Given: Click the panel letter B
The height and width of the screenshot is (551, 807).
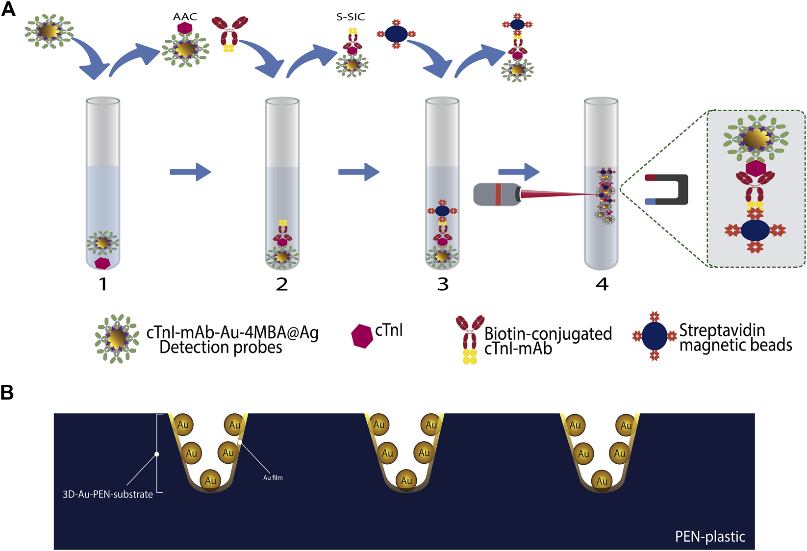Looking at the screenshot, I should pyautogui.click(x=7, y=392).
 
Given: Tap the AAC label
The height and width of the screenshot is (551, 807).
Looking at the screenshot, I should pyautogui.click(x=185, y=17).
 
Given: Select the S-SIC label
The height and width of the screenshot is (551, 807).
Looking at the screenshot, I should pyautogui.click(x=351, y=17).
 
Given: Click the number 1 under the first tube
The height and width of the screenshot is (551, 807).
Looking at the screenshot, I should pyautogui.click(x=103, y=284).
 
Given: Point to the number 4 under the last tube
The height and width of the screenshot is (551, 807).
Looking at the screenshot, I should pyautogui.click(x=602, y=284).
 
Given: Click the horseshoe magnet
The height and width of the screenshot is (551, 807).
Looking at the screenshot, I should pyautogui.click(x=669, y=189).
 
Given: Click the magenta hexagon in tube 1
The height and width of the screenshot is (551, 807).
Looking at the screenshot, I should pyautogui.click(x=102, y=263).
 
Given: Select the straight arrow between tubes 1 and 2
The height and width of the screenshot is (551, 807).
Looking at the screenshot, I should pyautogui.click(x=190, y=172).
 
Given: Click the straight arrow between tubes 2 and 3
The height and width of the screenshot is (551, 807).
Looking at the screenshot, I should pyautogui.click(x=359, y=172).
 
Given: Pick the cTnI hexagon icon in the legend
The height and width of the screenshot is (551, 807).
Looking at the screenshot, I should pyautogui.click(x=362, y=336).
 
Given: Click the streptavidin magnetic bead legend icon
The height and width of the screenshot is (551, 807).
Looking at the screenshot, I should pyautogui.click(x=655, y=336).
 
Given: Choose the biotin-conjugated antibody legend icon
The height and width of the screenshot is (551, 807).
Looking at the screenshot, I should pyautogui.click(x=470, y=338).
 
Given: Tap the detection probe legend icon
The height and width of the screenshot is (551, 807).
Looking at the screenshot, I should pyautogui.click(x=117, y=338).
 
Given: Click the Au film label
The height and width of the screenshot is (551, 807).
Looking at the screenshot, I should pyautogui.click(x=273, y=477).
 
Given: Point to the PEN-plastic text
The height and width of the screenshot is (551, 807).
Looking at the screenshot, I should pyautogui.click(x=710, y=537).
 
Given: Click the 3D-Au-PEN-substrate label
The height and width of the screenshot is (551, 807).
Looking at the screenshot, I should pyautogui.click(x=108, y=494).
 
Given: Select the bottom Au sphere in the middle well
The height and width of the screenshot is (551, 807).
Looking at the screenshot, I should pyautogui.click(x=406, y=480).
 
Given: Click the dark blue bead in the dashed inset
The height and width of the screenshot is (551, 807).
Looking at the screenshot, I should pyautogui.click(x=755, y=230).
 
